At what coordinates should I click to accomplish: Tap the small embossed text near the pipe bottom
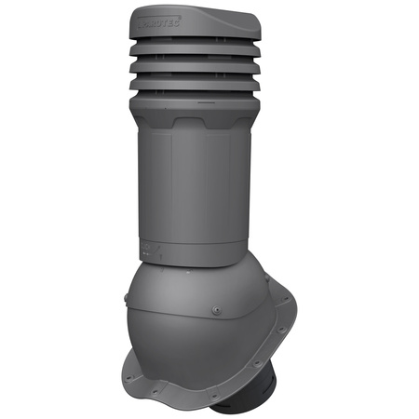click(x=148, y=248)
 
